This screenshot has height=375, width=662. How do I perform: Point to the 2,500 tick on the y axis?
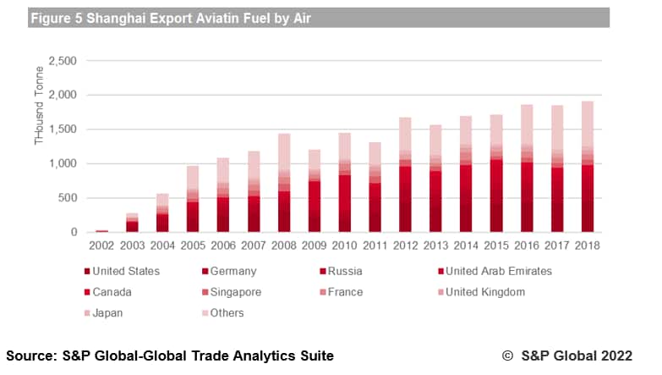pyautogui.click(x=62, y=61)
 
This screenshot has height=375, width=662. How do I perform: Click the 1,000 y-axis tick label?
pyautogui.click(x=62, y=163)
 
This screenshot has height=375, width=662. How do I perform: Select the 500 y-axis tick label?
pyautogui.click(x=68, y=198)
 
